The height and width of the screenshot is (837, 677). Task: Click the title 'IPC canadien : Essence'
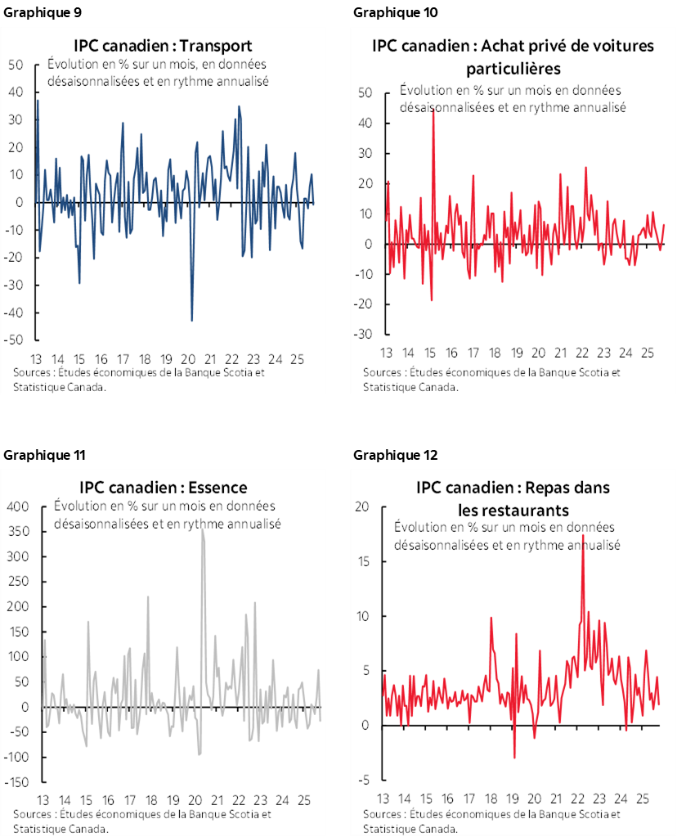point(163,488)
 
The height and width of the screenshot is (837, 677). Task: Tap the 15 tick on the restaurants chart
point(365,561)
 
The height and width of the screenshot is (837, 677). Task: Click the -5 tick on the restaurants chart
point(367,781)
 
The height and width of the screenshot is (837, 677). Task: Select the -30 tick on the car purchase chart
point(365,335)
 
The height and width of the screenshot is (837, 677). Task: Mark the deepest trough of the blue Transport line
point(191,321)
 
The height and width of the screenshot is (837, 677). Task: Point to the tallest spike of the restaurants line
point(582,536)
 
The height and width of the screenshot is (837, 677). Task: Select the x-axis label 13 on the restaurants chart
point(384,799)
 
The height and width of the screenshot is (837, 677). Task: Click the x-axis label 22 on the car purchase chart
point(582,353)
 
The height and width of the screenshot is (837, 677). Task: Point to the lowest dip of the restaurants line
point(514,758)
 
